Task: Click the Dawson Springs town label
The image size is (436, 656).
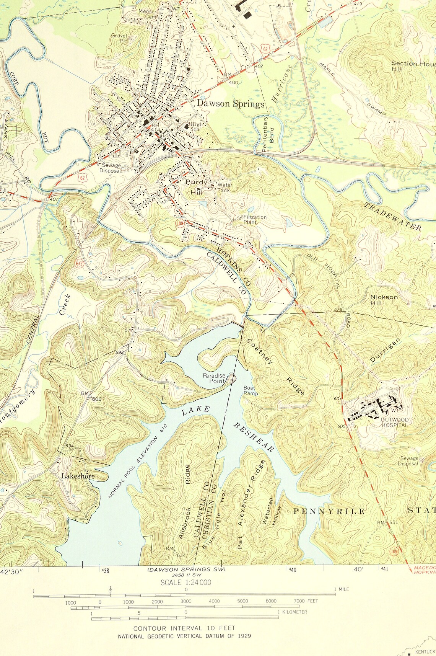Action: pyautogui.click(x=230, y=104)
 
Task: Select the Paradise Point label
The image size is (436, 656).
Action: pyautogui.click(x=214, y=378)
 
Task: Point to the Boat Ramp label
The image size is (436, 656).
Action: pyautogui.click(x=251, y=390)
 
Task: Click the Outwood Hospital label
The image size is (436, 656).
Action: pyautogui.click(x=394, y=422)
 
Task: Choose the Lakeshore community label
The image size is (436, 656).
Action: pyautogui.click(x=78, y=476)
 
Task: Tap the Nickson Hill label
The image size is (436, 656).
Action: pyautogui.click(x=384, y=300)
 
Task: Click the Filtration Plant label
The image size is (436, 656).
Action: pyautogui.click(x=255, y=219)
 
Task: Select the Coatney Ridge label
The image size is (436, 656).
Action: pyautogui.click(x=276, y=366)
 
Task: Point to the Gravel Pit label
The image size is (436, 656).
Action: pyautogui.click(x=119, y=38)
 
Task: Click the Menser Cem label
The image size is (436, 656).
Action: pyautogui.click(x=147, y=14)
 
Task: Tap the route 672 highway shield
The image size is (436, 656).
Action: pyautogui.click(x=79, y=263)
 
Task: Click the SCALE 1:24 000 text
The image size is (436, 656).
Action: pyautogui.click(x=186, y=583)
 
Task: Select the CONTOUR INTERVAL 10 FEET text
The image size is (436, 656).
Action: pyautogui.click(x=184, y=628)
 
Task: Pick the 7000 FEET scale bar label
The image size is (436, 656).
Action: pyautogui.click(x=306, y=601)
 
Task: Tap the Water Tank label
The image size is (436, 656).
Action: pyautogui.click(x=225, y=188)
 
